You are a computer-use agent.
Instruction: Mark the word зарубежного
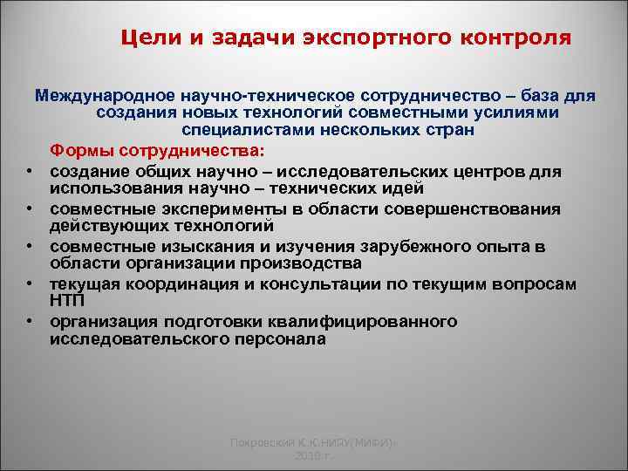pos(398,247)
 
